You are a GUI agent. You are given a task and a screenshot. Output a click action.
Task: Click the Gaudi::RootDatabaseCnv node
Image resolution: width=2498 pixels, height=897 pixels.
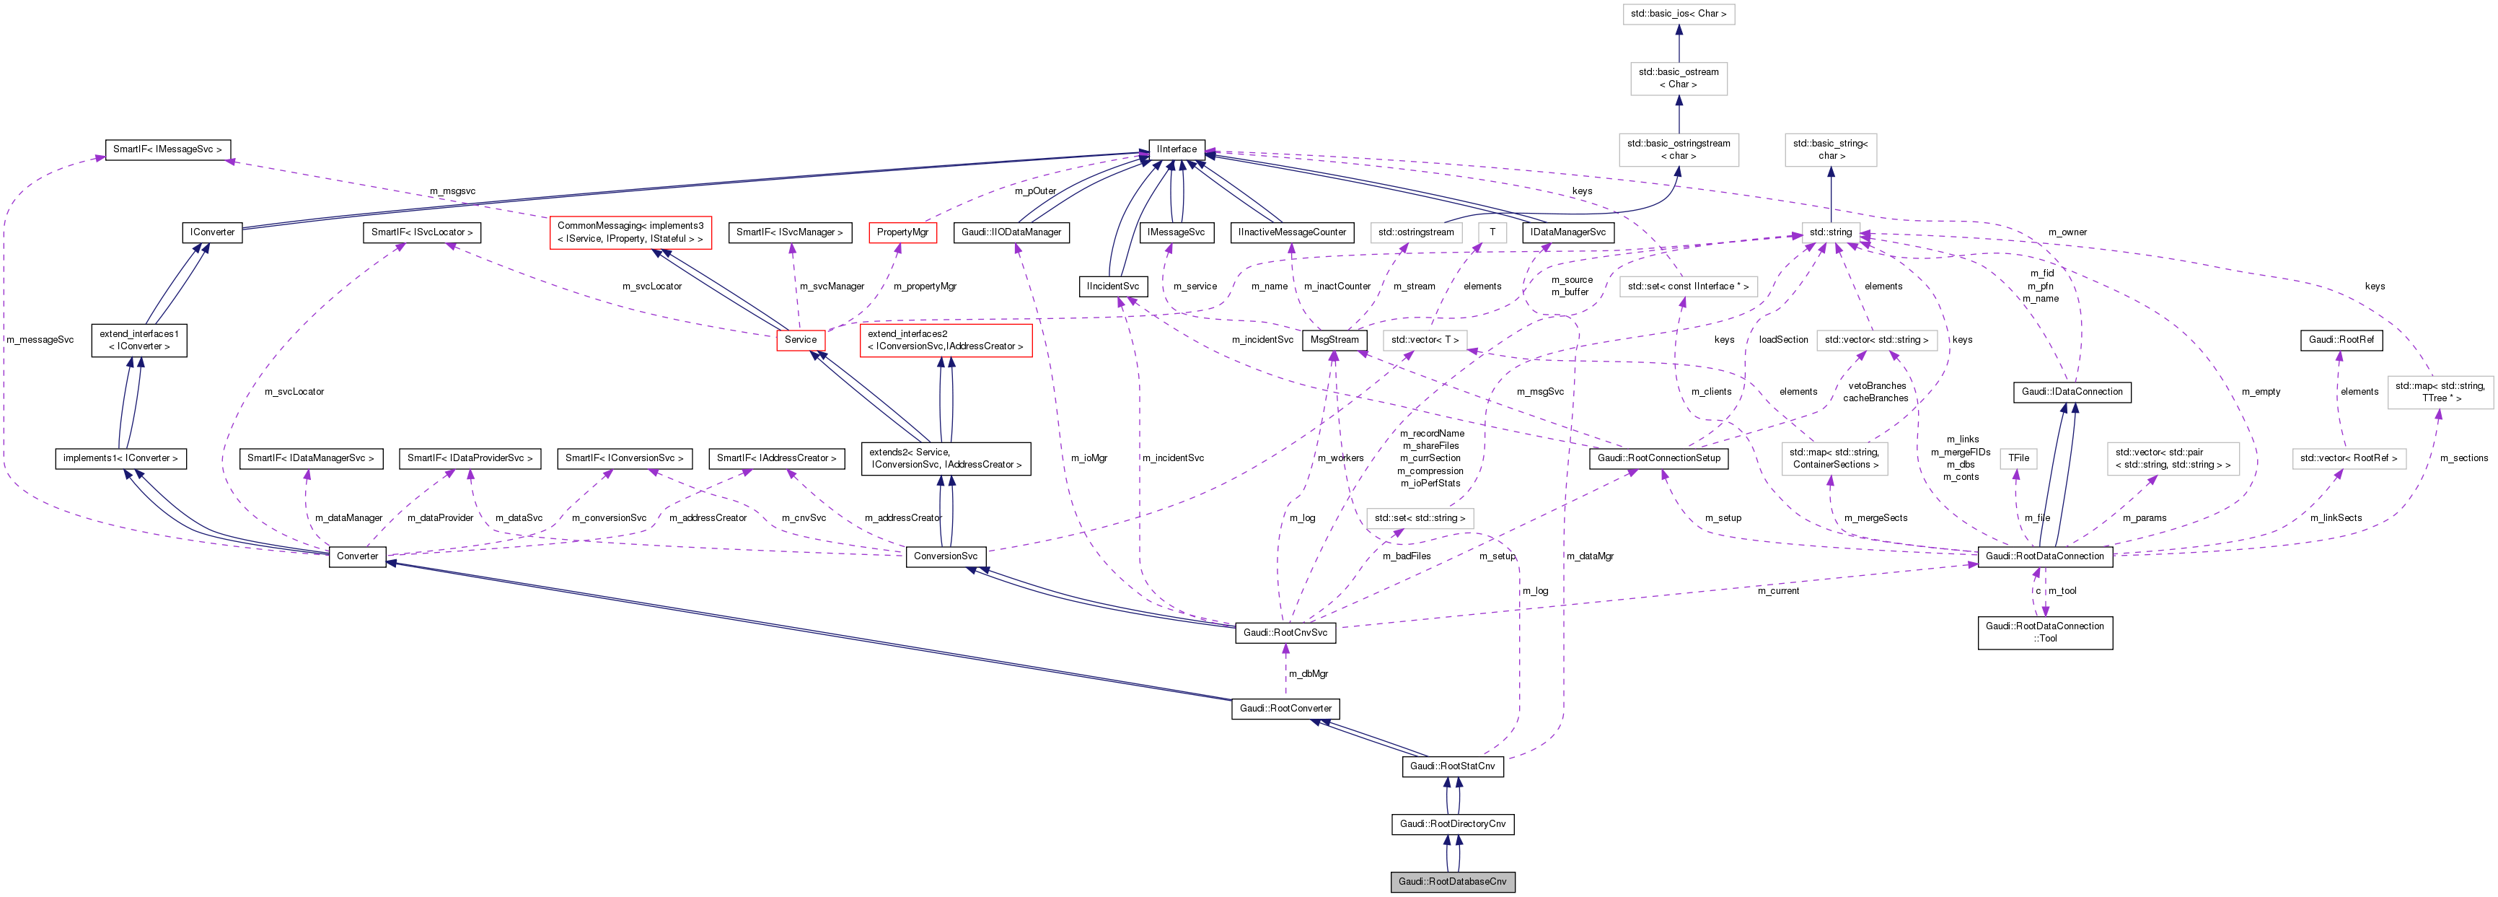(x=1451, y=881)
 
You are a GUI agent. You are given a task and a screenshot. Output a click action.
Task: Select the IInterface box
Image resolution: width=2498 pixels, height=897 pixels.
(x=1177, y=149)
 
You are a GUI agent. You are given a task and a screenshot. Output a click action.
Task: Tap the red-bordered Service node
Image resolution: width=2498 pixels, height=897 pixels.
(x=800, y=339)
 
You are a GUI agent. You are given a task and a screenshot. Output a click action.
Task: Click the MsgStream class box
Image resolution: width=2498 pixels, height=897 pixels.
(x=1334, y=339)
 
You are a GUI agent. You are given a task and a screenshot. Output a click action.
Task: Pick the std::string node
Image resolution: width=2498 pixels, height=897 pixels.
(x=1830, y=232)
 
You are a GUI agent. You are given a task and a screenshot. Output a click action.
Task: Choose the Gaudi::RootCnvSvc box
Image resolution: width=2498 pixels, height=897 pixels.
(x=1285, y=632)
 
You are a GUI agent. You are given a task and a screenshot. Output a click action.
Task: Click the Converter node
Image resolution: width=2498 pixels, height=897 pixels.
(x=357, y=556)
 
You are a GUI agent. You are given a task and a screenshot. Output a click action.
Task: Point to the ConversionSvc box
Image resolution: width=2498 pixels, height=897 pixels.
(x=946, y=556)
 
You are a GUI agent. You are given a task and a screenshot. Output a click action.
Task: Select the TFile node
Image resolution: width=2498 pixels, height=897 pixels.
(x=2018, y=458)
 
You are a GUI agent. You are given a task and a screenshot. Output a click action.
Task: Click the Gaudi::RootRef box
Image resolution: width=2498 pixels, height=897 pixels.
(x=2341, y=339)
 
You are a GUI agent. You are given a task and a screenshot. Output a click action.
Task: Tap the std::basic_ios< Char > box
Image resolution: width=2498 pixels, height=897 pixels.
(x=1678, y=14)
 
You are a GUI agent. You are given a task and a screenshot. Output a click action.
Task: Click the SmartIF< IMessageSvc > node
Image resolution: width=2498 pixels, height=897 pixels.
(x=167, y=149)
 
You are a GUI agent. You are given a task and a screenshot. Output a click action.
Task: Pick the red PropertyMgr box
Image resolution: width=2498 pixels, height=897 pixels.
(x=902, y=232)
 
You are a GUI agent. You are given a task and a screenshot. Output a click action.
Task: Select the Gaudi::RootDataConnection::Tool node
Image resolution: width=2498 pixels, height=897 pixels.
(x=2044, y=632)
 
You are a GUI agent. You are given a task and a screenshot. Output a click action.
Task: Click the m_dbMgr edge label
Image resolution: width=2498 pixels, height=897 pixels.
(x=1309, y=673)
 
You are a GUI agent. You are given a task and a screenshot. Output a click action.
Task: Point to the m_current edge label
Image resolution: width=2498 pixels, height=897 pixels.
(x=1777, y=590)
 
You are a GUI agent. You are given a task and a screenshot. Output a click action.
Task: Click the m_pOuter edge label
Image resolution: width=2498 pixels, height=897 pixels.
(x=1034, y=191)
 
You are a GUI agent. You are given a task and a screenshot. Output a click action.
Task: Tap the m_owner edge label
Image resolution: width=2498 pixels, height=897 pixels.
(x=2067, y=232)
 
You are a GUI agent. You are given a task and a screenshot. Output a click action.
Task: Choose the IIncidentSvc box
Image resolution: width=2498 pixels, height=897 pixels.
(x=1112, y=286)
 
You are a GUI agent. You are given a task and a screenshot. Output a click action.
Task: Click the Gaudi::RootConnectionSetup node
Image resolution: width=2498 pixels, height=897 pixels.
(x=1658, y=458)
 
